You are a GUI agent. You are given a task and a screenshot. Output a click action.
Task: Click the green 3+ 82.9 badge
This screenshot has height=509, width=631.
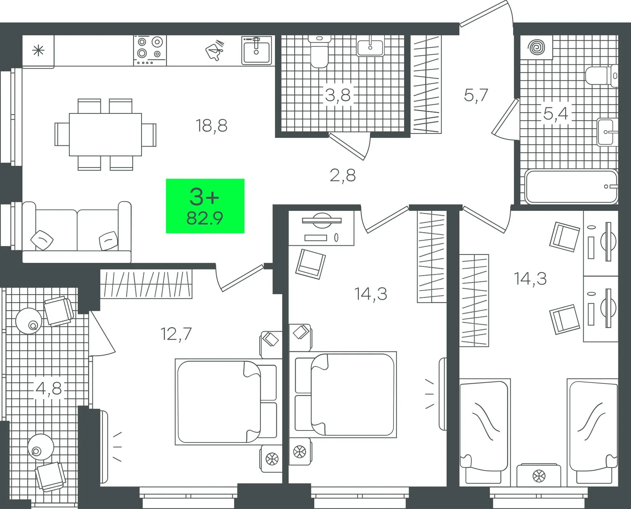pos(205,206)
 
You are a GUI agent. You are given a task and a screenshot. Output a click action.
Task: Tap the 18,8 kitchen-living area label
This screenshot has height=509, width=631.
pos(211,126)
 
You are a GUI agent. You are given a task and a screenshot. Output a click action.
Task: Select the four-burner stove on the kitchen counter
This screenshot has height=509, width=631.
pos(150,50)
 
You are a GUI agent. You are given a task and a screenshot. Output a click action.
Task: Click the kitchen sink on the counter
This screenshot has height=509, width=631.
pos(257,50)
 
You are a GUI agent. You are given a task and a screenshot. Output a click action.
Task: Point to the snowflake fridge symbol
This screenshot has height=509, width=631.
pos(38,51)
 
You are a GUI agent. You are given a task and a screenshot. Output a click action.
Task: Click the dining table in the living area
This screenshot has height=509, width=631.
pos(105,135)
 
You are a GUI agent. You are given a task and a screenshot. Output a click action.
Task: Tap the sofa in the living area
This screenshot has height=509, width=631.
pos(76,232)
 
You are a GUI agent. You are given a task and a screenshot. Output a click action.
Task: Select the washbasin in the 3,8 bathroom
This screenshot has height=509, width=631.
pos(370,46)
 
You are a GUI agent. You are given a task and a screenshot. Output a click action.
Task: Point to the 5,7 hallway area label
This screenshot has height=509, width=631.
pos(476,95)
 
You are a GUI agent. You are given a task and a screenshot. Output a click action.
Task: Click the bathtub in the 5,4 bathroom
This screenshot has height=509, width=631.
pos(571,187)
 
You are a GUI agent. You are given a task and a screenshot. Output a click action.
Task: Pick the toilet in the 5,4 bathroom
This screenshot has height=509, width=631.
pos(602,76)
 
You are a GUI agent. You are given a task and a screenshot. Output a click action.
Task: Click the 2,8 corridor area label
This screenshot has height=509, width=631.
pos(343,176)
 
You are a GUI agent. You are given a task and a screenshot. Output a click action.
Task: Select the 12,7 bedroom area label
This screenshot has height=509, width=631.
pos(176,334)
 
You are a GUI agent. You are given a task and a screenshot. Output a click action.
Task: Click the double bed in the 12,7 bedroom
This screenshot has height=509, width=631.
pos(226,402)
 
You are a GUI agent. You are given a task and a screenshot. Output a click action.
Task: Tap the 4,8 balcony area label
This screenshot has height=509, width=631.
pos(49,388)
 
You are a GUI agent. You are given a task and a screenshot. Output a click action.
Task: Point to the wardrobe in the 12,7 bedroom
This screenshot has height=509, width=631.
pos(146,284)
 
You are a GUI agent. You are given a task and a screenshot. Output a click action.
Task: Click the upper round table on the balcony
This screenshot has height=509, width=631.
pos(29,321)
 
